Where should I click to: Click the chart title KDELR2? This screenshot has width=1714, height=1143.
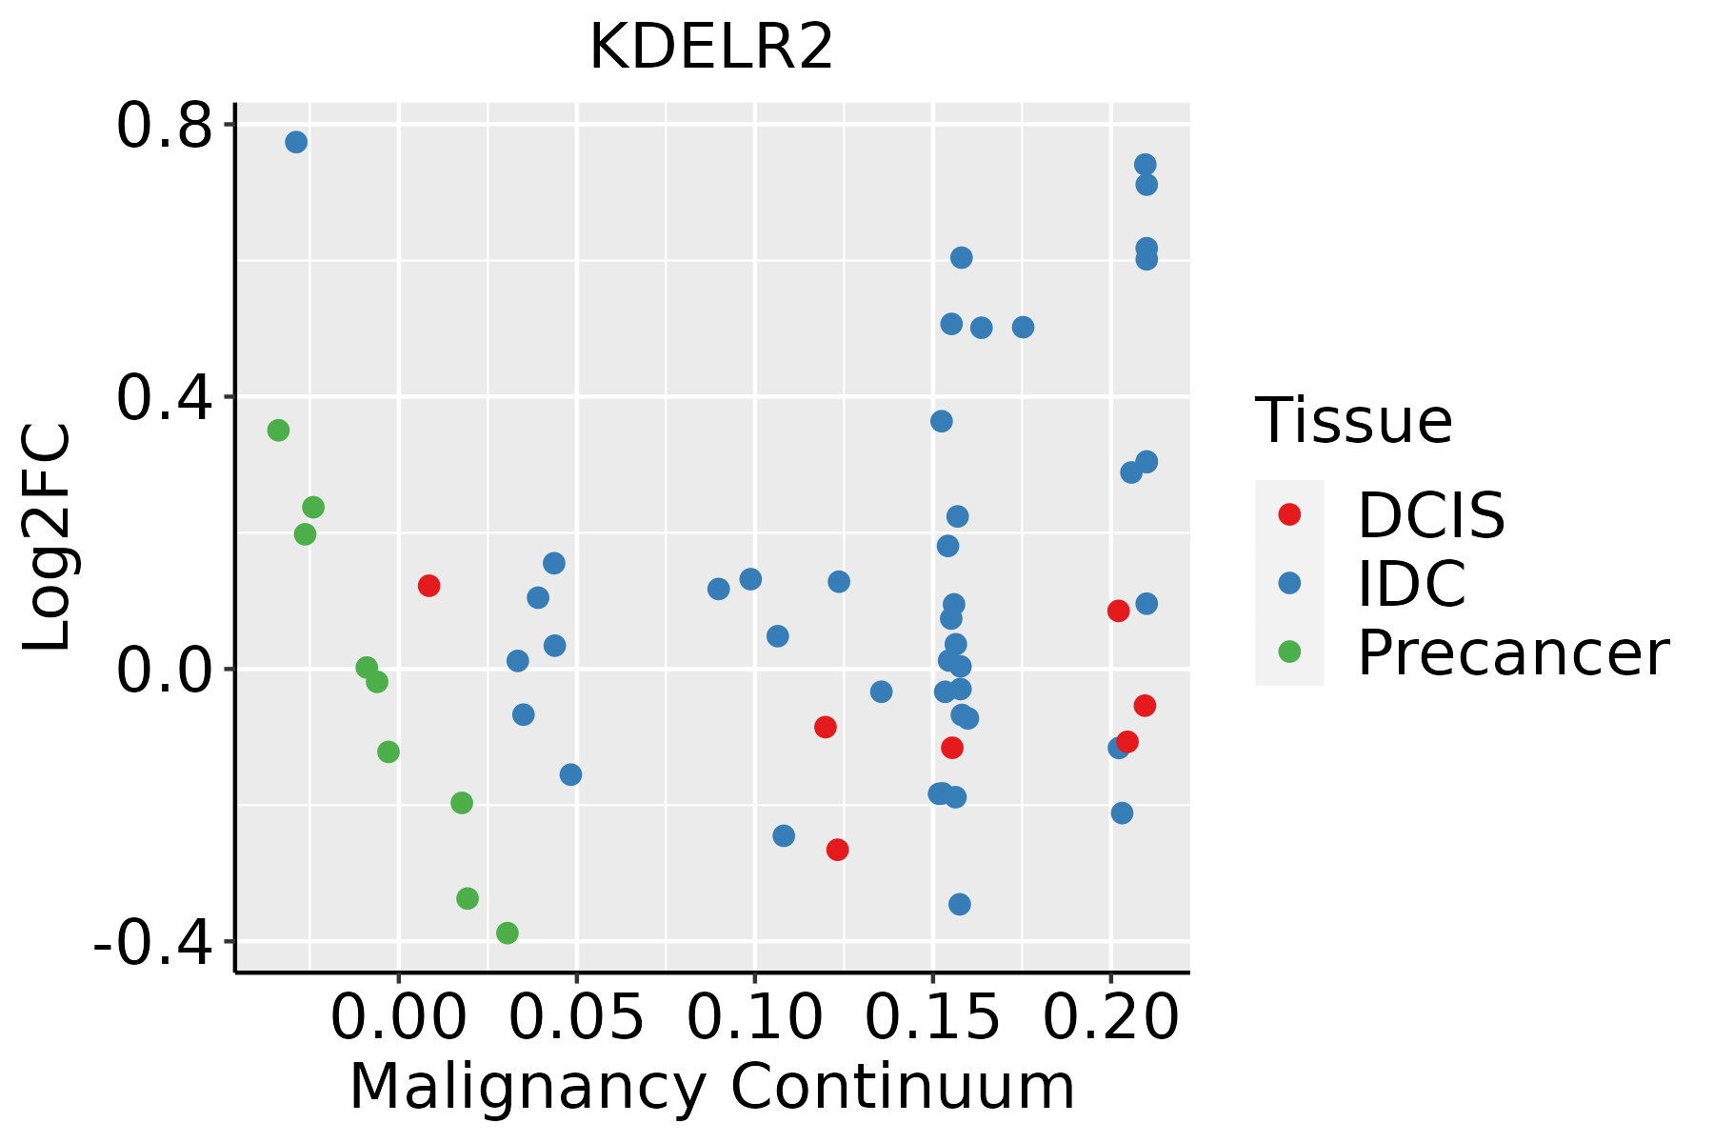point(711,48)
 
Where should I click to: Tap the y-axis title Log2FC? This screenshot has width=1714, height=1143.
point(48,537)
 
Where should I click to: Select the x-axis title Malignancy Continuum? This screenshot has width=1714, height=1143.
point(711,1088)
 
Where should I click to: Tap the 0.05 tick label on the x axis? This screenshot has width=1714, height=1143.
point(576,1018)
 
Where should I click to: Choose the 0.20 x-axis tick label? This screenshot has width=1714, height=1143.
point(1110,1018)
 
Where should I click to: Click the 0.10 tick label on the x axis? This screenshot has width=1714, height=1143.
point(754,1018)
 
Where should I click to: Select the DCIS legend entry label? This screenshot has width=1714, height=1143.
point(1430,515)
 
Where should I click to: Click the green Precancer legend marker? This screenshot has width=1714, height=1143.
point(1289,652)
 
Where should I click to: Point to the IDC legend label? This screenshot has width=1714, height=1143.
point(1411,584)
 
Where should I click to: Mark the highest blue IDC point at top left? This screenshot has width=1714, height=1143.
point(296,142)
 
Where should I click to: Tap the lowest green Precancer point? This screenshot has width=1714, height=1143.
point(508,932)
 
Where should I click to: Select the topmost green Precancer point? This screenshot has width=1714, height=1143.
point(278,431)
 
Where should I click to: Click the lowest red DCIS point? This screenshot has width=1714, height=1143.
point(837,850)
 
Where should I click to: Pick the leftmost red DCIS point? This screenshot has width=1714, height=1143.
point(428,586)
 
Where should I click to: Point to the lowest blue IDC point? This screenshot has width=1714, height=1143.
point(960,904)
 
